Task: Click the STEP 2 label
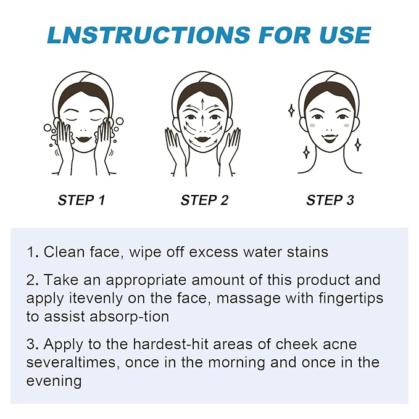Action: [204, 200]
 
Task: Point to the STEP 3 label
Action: [330, 200]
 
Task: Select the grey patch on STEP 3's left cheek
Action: [313, 126]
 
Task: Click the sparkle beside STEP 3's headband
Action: [291, 110]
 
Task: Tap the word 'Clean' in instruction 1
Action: [64, 252]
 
